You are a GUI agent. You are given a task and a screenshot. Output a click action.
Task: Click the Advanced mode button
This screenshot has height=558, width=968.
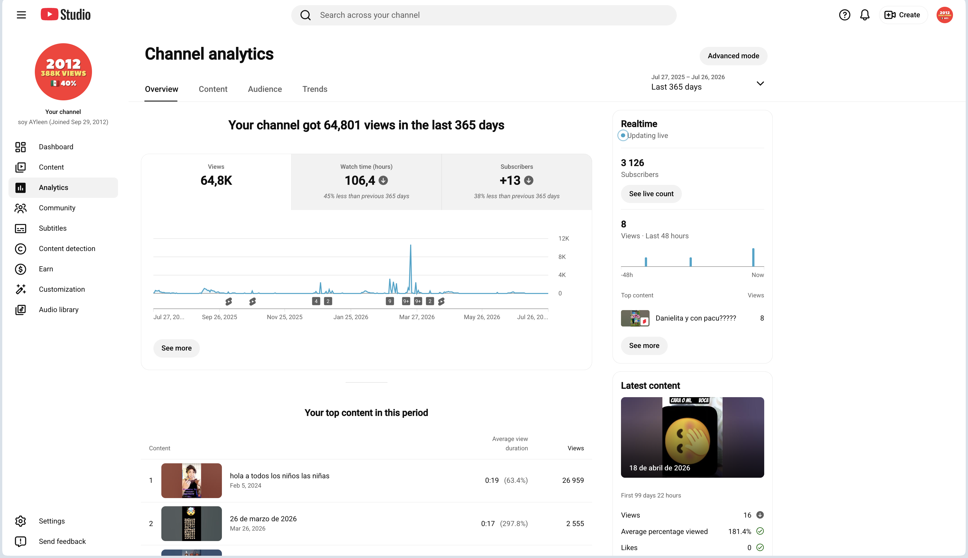click(733, 56)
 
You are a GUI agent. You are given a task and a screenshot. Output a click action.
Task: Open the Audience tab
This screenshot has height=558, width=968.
click(265, 89)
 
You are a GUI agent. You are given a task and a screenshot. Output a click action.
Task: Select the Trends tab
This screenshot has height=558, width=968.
click(315, 89)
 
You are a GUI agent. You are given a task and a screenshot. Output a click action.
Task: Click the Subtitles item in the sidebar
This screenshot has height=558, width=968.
click(53, 228)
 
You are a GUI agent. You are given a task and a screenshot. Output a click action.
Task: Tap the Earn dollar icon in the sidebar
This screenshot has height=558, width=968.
click(21, 269)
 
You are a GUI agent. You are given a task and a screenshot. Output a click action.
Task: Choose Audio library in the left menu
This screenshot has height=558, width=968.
click(59, 310)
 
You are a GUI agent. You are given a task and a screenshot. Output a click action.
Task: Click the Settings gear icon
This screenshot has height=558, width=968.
click(21, 521)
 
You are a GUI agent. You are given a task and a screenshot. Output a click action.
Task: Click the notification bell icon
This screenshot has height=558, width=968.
click(865, 15)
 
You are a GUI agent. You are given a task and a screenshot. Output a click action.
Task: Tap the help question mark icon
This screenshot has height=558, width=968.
click(845, 15)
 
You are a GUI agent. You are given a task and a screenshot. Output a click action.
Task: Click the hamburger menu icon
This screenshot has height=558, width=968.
click(22, 15)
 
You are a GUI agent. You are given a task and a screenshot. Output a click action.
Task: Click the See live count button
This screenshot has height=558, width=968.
click(651, 194)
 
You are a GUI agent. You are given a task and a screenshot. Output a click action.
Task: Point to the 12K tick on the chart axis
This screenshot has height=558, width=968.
click(564, 238)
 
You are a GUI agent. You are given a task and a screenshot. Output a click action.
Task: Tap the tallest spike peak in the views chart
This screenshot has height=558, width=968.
click(410, 245)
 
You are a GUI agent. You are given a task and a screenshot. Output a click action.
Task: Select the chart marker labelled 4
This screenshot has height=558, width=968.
click(316, 301)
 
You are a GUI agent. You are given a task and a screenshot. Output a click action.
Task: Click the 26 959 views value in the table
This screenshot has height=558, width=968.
click(573, 481)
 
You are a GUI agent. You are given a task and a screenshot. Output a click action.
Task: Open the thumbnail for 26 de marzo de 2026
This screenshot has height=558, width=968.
click(191, 524)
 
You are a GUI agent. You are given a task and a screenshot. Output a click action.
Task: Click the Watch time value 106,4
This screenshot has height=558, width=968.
click(360, 181)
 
